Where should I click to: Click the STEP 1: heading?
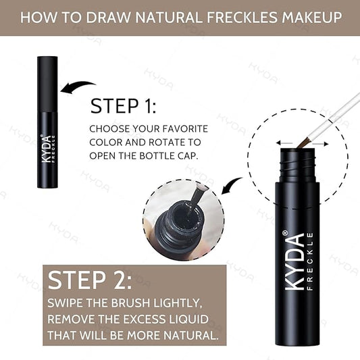coord(124,107)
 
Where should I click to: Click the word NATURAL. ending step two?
coord(191,334)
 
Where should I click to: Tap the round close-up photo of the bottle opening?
coord(183,224)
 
